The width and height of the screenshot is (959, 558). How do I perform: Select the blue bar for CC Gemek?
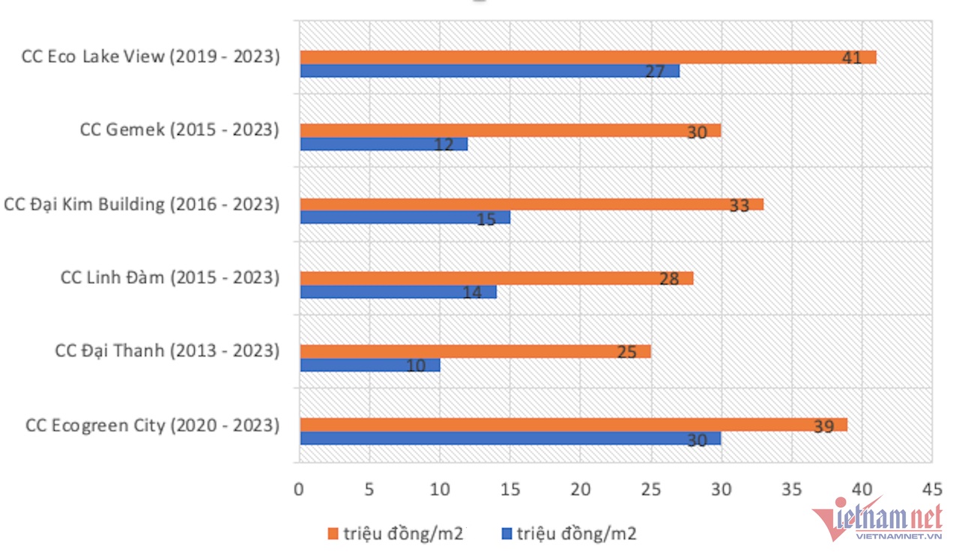tap(384, 144)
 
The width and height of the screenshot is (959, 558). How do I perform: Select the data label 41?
tap(851, 58)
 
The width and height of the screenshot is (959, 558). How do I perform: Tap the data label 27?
tap(655, 71)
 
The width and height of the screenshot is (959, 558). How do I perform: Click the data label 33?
tap(739, 205)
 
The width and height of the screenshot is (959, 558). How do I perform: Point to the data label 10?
tap(416, 366)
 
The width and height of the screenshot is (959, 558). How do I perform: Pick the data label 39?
tap(823, 426)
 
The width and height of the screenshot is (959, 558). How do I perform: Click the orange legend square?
tap(333, 533)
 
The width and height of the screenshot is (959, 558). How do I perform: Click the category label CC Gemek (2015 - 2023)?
tap(179, 130)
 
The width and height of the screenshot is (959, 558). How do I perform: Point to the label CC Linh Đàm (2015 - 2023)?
tap(169, 278)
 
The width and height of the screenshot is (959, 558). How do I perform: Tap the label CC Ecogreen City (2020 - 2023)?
tap(152, 425)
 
